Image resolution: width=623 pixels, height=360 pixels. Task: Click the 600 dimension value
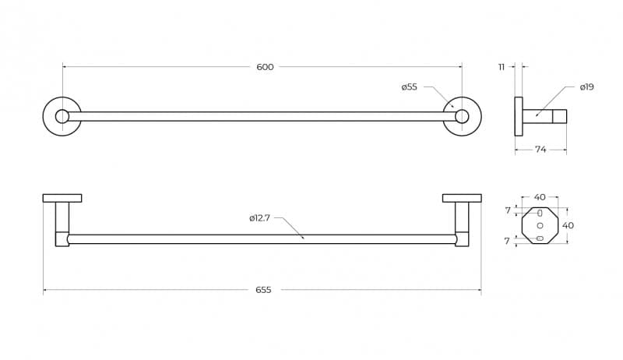265,67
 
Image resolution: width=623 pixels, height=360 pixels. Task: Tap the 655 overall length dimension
263,290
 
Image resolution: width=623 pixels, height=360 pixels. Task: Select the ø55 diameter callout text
410,87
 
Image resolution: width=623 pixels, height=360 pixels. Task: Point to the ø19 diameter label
586,87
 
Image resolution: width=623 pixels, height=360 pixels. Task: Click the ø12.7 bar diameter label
260,218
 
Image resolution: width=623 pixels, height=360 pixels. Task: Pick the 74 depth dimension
540,150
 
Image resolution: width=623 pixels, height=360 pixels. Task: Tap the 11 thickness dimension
502,67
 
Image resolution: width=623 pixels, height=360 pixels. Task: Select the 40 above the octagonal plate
540,197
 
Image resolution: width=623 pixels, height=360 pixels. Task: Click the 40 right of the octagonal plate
568,225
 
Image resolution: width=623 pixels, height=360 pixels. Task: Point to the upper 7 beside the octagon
508,210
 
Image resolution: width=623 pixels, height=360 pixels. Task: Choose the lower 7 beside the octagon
507,242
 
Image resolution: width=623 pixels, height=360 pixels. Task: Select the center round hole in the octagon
540,226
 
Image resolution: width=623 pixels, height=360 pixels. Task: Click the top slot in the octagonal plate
540,214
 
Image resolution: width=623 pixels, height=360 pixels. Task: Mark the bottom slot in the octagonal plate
540,238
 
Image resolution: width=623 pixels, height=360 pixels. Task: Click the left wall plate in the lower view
62,198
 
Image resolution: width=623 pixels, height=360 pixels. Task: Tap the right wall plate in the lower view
462,198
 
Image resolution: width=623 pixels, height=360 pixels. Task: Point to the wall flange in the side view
519,116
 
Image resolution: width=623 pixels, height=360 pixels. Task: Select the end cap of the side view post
559,116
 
